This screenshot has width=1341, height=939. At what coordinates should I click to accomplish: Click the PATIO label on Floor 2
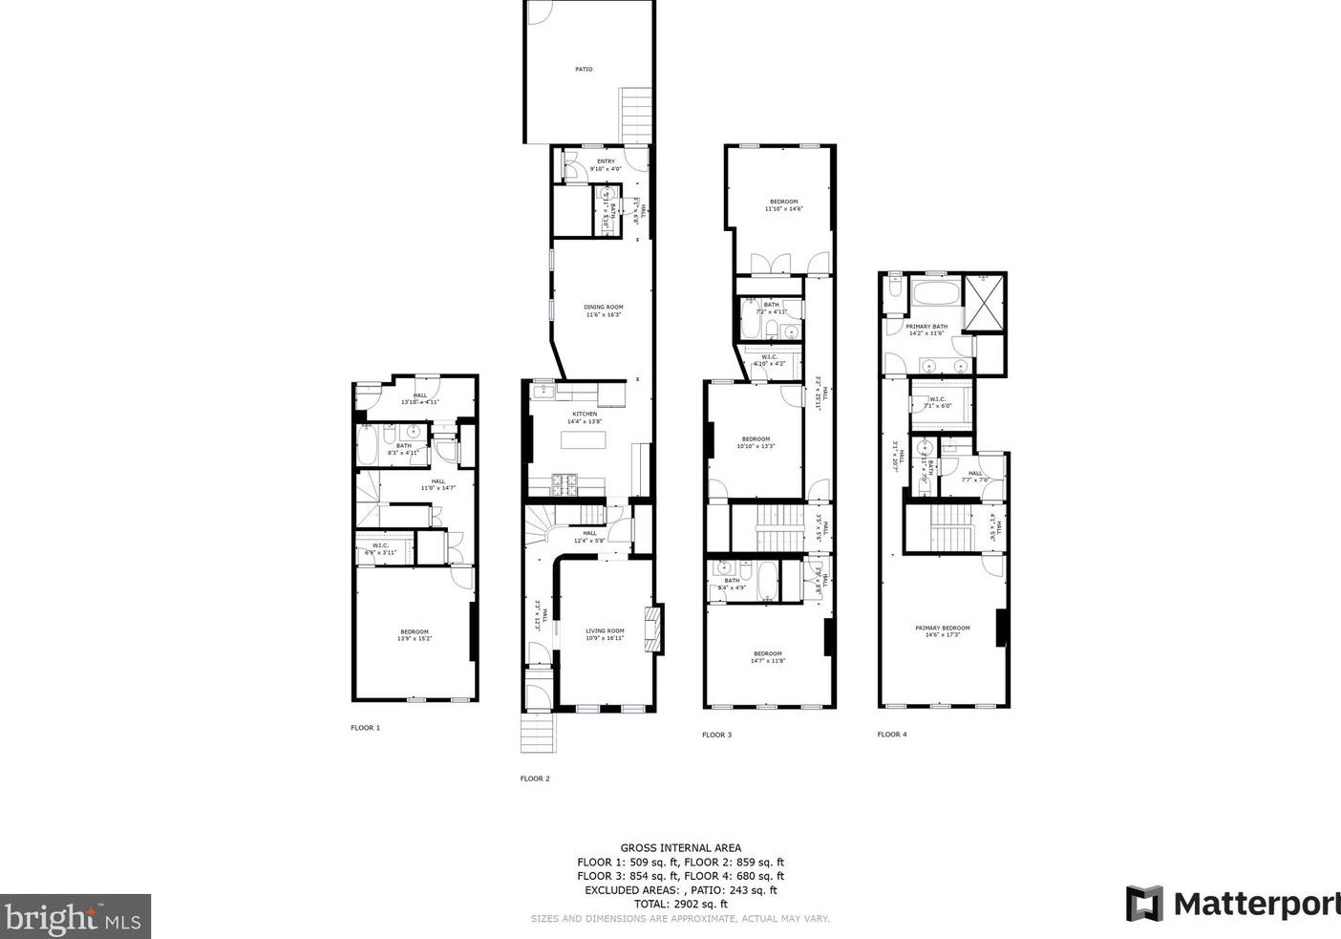click(583, 69)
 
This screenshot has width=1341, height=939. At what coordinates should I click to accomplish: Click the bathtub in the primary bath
click(934, 293)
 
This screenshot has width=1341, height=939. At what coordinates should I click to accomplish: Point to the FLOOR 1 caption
click(365, 728)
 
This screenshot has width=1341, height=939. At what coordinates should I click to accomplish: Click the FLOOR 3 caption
click(716, 735)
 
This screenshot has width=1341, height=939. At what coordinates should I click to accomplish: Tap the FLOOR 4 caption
click(892, 735)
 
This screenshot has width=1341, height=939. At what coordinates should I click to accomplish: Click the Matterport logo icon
click(1143, 904)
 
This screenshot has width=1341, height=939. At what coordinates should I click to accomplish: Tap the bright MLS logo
click(75, 917)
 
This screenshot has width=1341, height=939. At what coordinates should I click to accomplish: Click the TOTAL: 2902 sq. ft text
click(680, 904)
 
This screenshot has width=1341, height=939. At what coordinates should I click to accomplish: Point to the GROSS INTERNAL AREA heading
click(680, 847)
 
